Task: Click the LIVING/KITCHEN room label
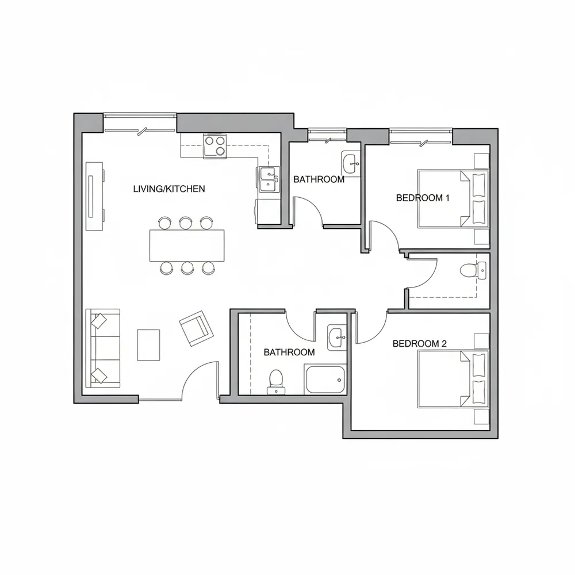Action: click(x=168, y=189)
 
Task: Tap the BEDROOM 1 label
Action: click(x=423, y=198)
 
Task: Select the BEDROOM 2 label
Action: click(x=420, y=344)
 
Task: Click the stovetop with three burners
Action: click(x=215, y=146)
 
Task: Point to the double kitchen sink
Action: click(x=269, y=179)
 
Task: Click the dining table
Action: click(x=187, y=246)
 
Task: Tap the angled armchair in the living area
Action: click(x=196, y=328)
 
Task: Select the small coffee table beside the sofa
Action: click(x=148, y=345)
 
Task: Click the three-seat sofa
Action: click(x=103, y=348)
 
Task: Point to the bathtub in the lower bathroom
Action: click(x=324, y=379)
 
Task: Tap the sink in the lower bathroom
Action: click(x=336, y=338)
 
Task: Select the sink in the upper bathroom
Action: click(x=351, y=163)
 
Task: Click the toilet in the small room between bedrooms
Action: click(x=473, y=271)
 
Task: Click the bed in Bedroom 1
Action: click(x=453, y=199)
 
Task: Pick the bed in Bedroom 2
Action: click(x=453, y=379)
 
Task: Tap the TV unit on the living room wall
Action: click(x=95, y=196)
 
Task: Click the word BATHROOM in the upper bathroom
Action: click(x=319, y=179)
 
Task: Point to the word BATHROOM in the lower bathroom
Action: click(x=289, y=352)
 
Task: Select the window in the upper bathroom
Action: click(x=327, y=134)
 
